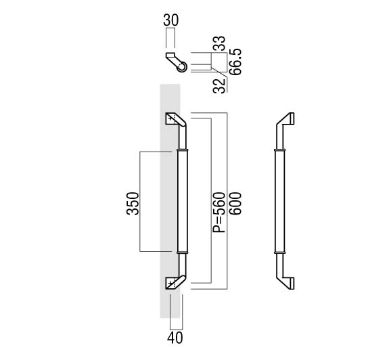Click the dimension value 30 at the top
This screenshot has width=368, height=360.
pos(171,20)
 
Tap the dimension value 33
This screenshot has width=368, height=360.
pos(219,43)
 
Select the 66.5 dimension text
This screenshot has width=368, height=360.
pos(235,62)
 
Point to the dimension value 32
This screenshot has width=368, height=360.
pos(219,86)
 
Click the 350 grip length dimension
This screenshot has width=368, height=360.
pos(133,204)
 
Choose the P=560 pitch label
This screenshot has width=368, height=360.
pos(219,212)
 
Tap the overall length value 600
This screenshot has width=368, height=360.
pos(235,204)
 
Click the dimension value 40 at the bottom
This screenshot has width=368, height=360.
pos(175,338)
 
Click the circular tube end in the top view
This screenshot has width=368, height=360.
pos(182,66)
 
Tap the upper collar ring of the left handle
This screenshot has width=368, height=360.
pos(183,150)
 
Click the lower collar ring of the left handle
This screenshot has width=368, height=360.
pos(183,252)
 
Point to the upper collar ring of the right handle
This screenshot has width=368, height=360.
pos(280,150)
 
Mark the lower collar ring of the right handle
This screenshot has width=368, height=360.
pos(280,252)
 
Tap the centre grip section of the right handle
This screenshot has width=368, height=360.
pos(280,201)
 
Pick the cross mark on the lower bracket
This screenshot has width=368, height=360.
pos(170,282)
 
